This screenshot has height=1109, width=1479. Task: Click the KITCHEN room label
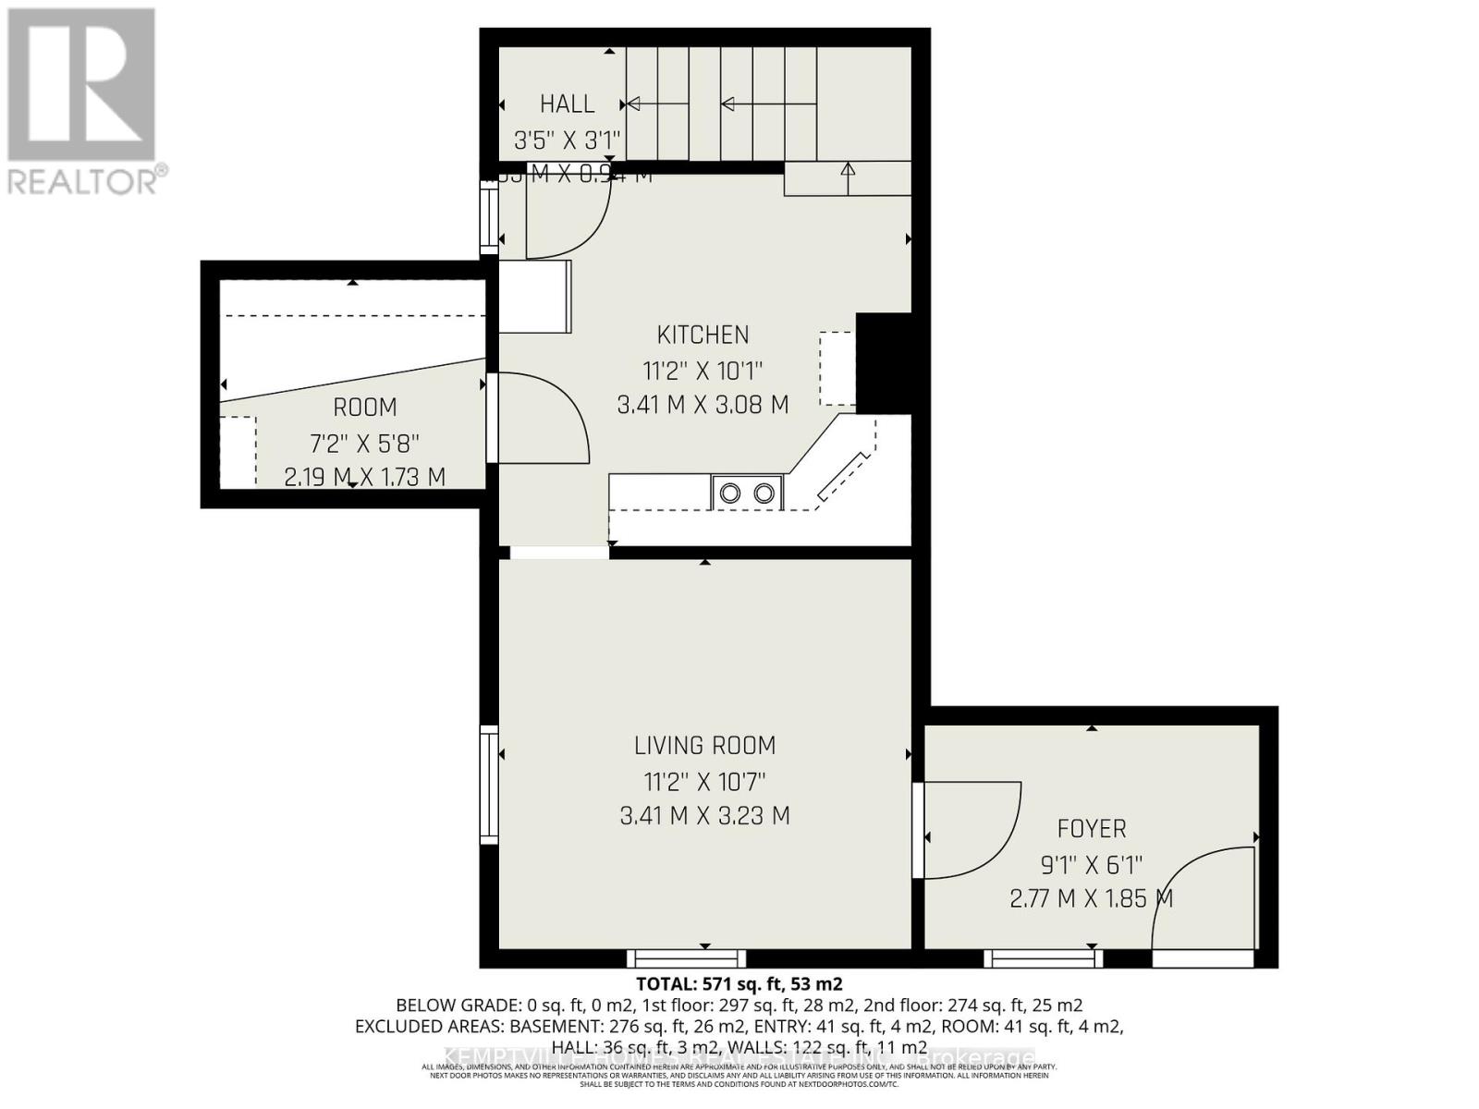coord(703,335)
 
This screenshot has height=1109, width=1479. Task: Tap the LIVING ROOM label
coord(704,745)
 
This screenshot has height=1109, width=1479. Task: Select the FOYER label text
coord(1092,828)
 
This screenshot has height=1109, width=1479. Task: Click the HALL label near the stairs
coord(567,104)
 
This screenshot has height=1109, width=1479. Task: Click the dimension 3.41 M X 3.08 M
coord(703,405)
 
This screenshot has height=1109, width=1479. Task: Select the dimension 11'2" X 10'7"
coord(704,782)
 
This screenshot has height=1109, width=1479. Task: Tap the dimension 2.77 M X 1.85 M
coord(1091,898)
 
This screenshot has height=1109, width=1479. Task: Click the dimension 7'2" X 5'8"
coord(364,442)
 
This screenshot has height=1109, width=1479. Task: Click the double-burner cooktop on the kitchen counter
coord(747,493)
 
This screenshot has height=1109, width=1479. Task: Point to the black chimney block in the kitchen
coord(883,362)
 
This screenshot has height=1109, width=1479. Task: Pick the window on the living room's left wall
coord(489,784)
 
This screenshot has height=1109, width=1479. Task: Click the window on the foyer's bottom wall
coord(1043,958)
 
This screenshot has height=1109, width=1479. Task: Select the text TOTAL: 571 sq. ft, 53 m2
coord(739,983)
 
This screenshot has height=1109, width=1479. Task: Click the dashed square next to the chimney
coord(837,368)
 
